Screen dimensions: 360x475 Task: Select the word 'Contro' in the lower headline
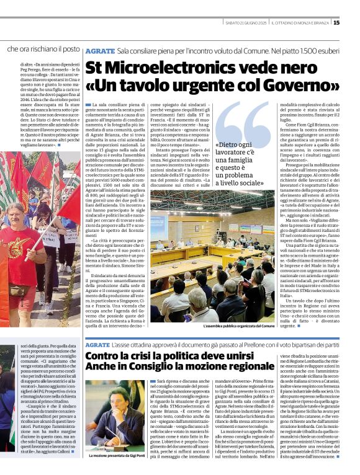pyautogui.click(x=106, y=357)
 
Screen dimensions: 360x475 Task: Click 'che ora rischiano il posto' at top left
pyautogui.click(x=43, y=48)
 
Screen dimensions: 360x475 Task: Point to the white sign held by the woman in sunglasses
pyautogui.click(x=47, y=239)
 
